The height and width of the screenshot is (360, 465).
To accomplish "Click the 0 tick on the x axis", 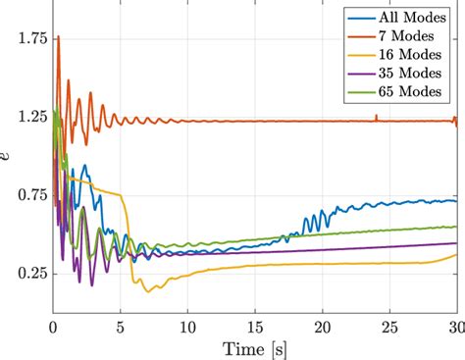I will (x=53, y=325).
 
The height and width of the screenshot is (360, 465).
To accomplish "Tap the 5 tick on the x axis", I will (x=121, y=325).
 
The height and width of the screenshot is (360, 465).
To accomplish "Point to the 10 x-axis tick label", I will (x=187, y=325).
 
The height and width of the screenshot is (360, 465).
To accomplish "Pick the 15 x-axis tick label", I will (x=255, y=325).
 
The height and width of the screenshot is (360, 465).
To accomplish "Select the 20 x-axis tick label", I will (x=323, y=325).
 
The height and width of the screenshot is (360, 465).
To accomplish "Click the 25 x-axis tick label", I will (x=390, y=325).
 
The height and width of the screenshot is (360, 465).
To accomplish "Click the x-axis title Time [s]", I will (x=255, y=346).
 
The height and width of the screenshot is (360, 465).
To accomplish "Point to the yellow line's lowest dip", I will (x=149, y=291).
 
